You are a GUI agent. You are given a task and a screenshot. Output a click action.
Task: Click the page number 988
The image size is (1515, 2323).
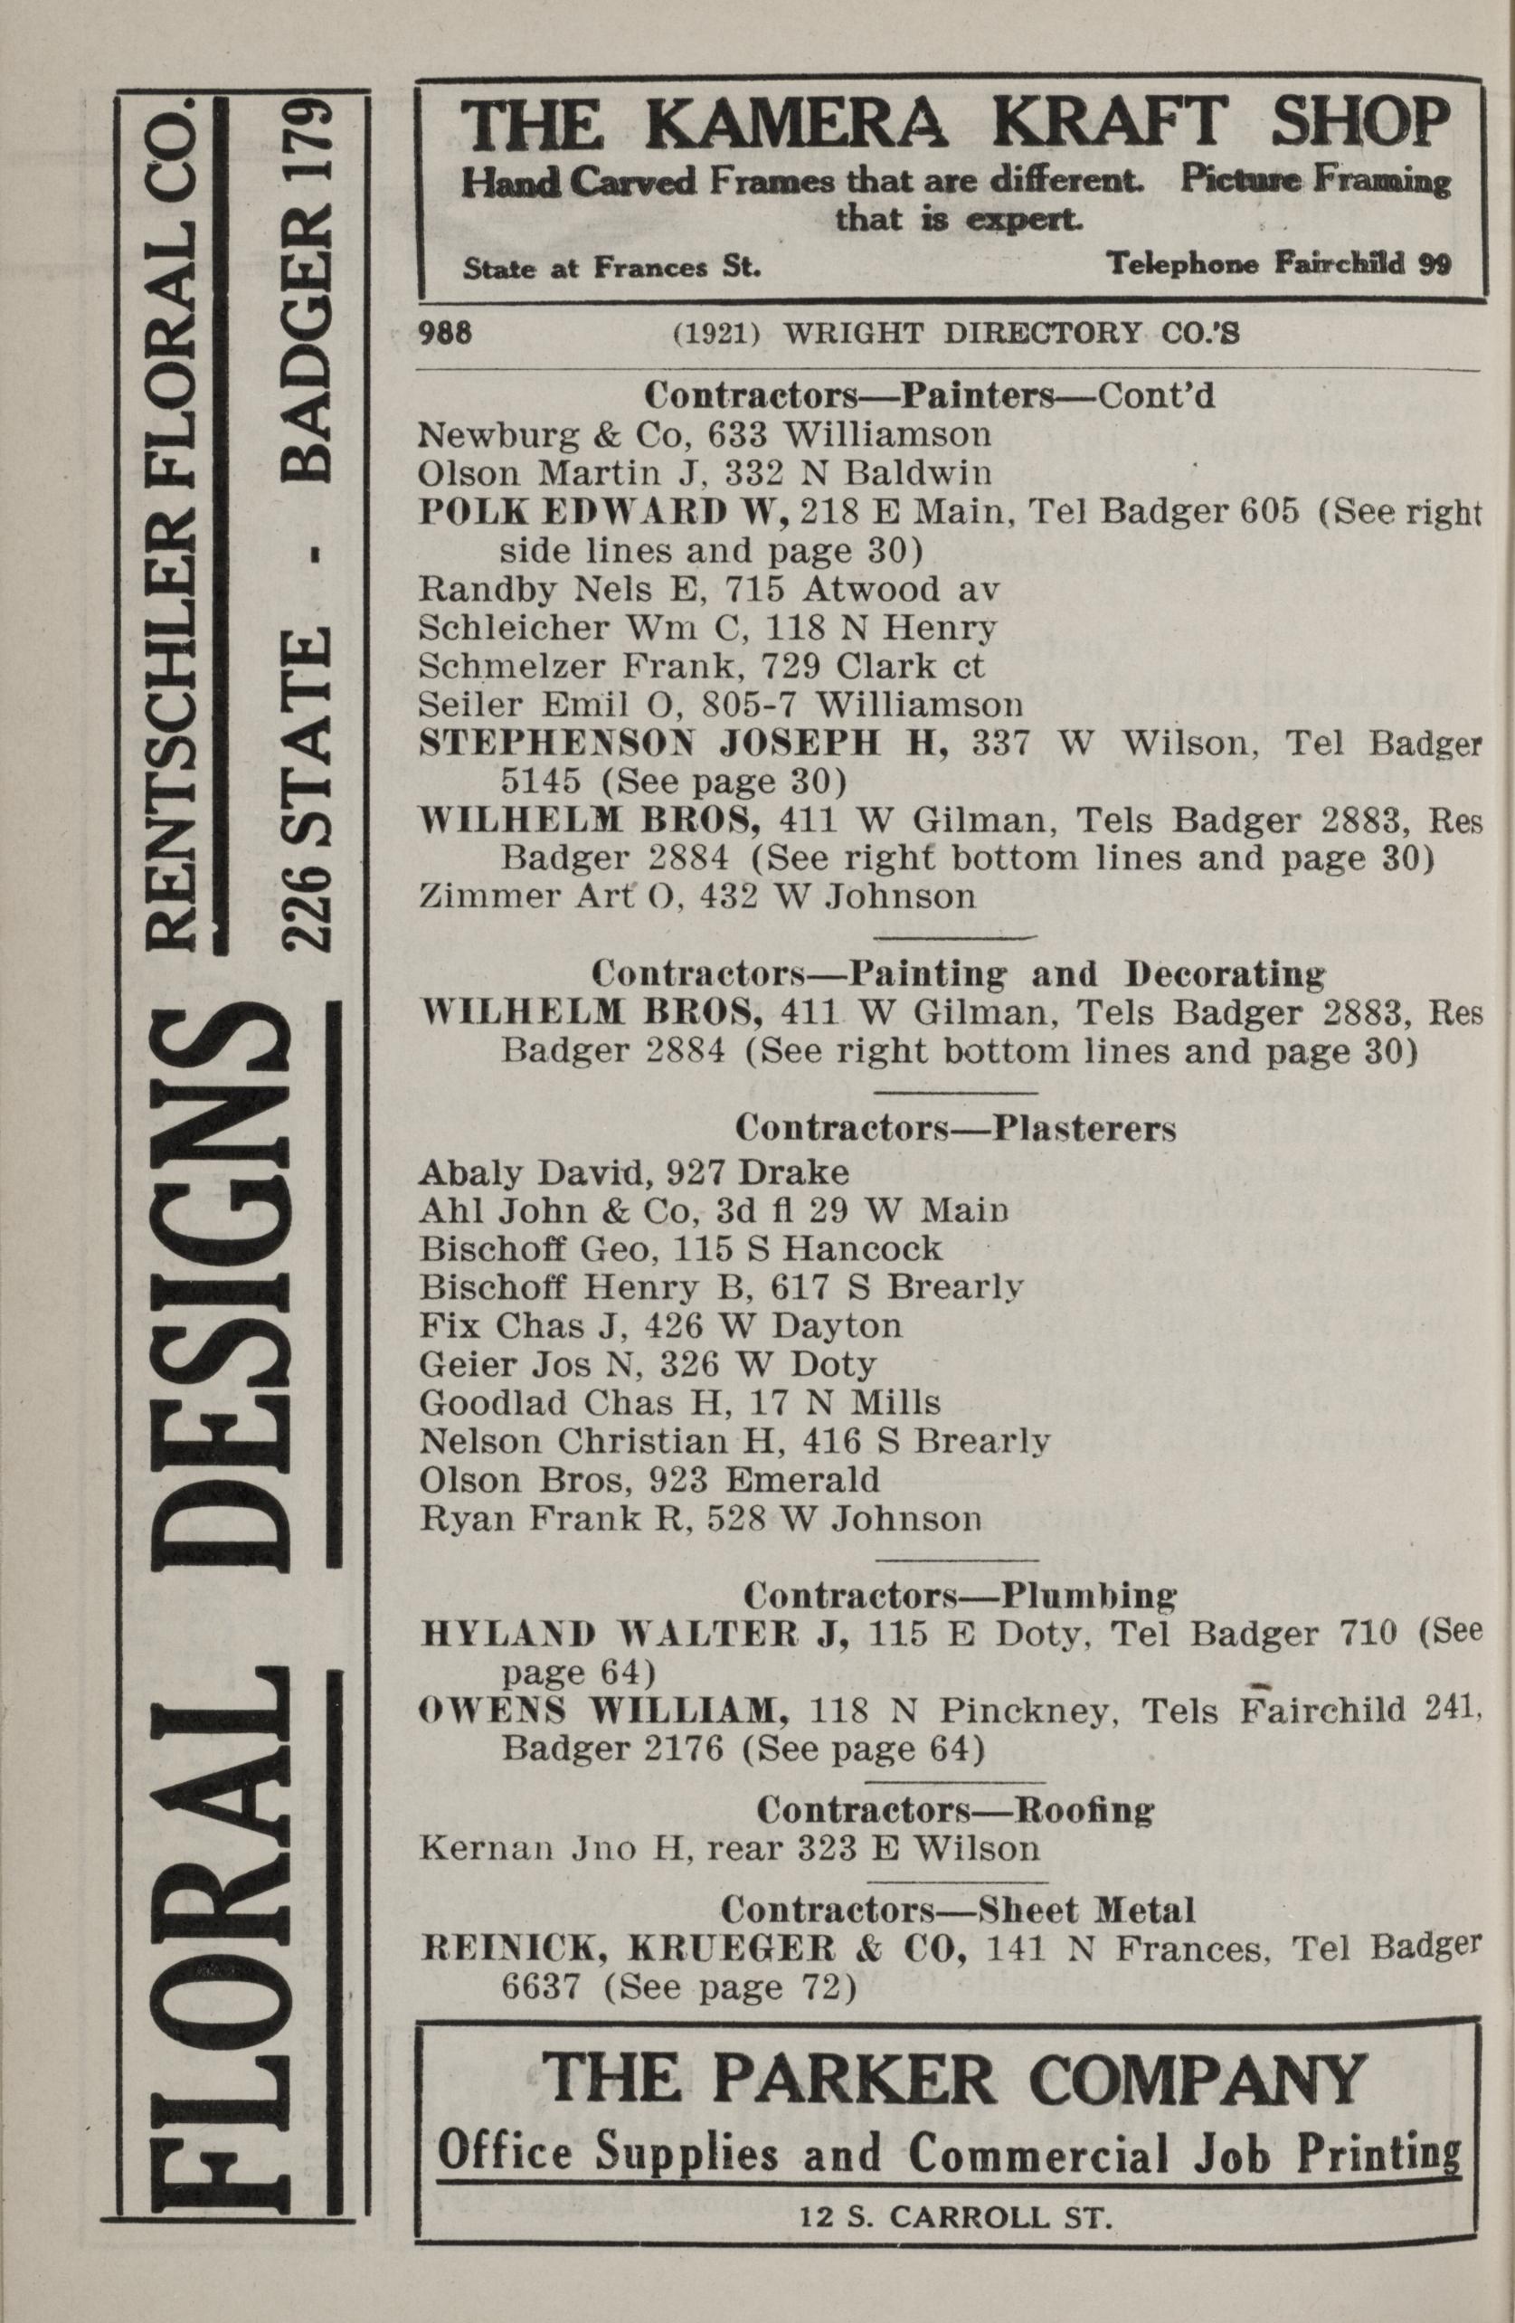(x=445, y=334)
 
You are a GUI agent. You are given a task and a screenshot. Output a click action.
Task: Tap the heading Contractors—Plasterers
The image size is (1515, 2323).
(x=955, y=1128)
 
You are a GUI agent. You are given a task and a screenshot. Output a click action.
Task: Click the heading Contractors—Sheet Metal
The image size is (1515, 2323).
(x=956, y=1908)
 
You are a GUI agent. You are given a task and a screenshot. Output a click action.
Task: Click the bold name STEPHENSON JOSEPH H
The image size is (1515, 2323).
(x=683, y=744)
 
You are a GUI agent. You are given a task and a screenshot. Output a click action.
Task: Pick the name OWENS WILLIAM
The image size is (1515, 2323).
(x=604, y=1710)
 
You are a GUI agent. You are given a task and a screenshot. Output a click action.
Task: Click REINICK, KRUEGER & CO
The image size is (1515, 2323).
(x=693, y=1948)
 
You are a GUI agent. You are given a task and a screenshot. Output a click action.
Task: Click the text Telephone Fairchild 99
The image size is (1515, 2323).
(x=1278, y=264)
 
